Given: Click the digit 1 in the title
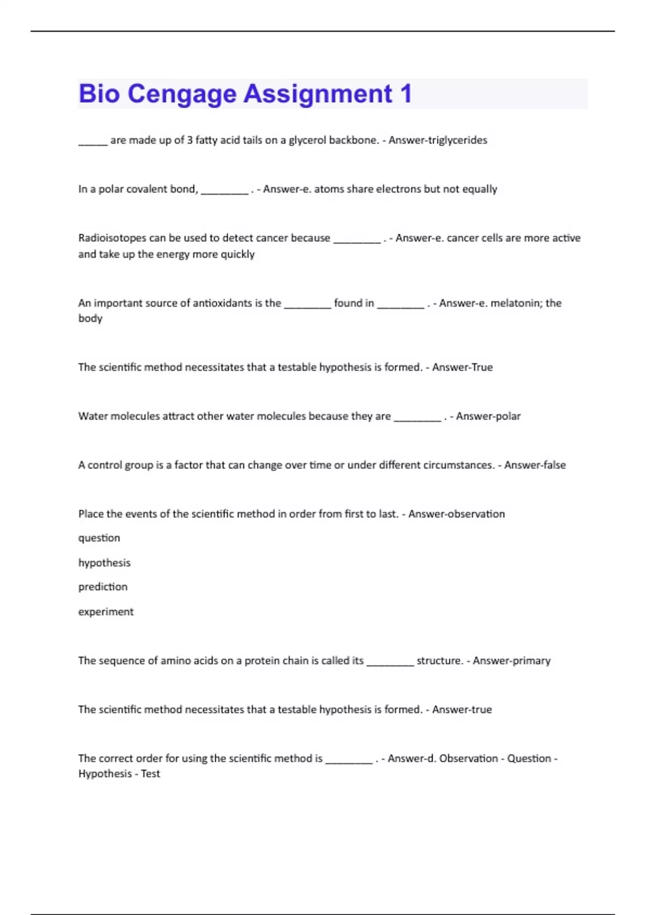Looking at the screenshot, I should [x=406, y=94].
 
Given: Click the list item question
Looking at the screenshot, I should [x=99, y=538].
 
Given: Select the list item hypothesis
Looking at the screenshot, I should [x=104, y=563].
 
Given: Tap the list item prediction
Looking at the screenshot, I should [x=103, y=587].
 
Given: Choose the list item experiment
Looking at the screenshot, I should [x=106, y=611].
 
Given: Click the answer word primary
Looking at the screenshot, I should [x=531, y=660].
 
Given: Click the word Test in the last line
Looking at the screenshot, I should [x=150, y=774].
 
